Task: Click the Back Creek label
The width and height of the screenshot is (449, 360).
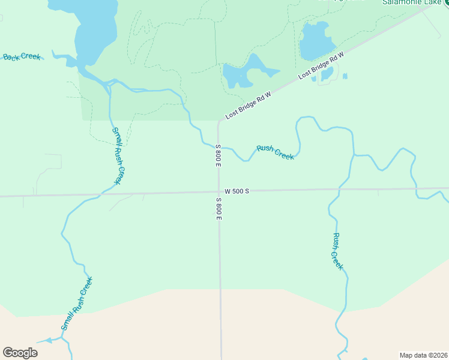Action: (x=22, y=57)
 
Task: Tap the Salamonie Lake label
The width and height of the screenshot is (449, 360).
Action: (x=412, y=2)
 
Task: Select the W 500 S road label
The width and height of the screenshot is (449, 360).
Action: (x=237, y=191)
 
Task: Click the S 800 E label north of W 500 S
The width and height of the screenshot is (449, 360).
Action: (x=218, y=155)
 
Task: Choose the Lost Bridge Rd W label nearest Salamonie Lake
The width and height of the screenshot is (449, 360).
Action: (x=321, y=65)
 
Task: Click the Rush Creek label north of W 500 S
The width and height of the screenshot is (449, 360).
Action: (x=275, y=152)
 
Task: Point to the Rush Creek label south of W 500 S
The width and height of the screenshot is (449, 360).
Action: (x=337, y=251)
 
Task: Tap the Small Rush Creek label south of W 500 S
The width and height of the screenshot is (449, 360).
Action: (x=77, y=304)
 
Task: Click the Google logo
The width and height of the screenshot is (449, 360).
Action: (x=20, y=353)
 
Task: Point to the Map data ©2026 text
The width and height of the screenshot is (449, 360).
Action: (x=423, y=355)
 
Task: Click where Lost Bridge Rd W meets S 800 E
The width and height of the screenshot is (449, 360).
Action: (x=219, y=122)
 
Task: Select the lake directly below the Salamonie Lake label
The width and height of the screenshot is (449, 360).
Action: (x=316, y=41)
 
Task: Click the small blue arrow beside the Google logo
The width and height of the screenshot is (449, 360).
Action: (x=46, y=340)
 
